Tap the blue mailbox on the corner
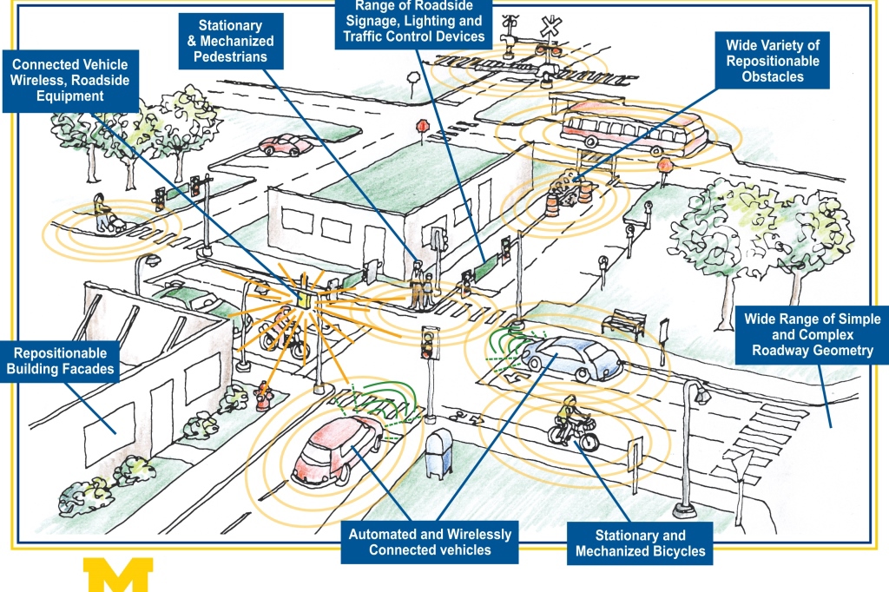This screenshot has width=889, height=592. [438, 451]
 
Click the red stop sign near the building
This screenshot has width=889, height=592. [424, 128]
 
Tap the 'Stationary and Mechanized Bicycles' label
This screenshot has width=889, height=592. [640, 543]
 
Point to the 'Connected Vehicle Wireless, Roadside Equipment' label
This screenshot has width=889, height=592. [69, 80]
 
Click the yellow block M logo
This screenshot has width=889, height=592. [118, 575]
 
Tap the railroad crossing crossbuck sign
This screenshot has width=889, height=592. [550, 26]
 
